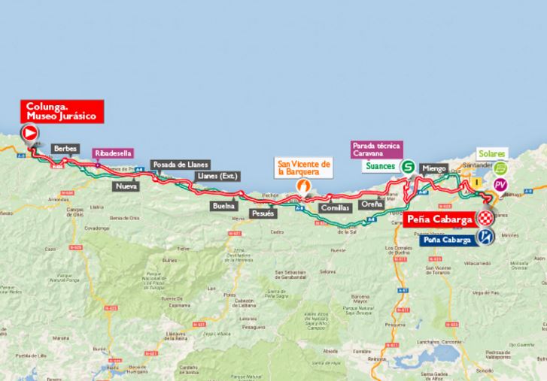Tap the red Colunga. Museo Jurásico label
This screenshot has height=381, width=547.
[x=61, y=112]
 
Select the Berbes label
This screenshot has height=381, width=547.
[x=65, y=150]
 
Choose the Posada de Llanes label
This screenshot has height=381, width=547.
[x=180, y=165]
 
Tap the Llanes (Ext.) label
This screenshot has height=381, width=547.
[x=217, y=177]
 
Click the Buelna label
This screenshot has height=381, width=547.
[x=224, y=205]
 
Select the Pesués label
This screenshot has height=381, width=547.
[x=262, y=213]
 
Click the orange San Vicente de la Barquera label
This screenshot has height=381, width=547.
[x=305, y=168]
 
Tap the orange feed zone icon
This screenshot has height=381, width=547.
[x=305, y=183]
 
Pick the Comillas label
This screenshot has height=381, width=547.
[x=333, y=207]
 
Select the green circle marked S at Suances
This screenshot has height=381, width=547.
[x=408, y=167]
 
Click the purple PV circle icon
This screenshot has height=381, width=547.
[x=500, y=185]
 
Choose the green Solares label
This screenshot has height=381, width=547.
[x=491, y=153]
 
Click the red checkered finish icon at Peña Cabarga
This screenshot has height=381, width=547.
[x=488, y=219]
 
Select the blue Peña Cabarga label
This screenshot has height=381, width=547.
[x=447, y=240]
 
